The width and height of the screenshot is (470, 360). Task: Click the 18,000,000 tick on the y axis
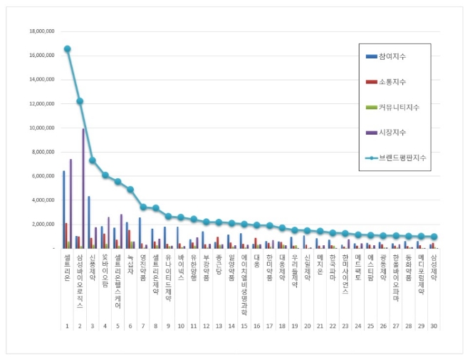pyautogui.click(x=42, y=31)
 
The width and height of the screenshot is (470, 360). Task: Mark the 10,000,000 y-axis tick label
pyautogui.click(x=42, y=128)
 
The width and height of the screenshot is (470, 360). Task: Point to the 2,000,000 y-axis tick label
pyautogui.click(x=43, y=224)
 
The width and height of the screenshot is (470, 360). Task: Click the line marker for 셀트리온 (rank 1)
pyautogui.click(x=67, y=49)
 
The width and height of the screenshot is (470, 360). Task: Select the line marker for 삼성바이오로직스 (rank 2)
pyautogui.click(x=80, y=101)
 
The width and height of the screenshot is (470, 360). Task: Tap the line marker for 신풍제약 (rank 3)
pyautogui.click(x=93, y=160)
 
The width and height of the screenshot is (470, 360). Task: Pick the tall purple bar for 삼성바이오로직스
pyautogui.click(x=83, y=189)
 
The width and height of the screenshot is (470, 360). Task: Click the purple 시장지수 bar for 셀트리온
pyautogui.click(x=70, y=204)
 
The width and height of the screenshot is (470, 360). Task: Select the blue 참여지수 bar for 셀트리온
pyautogui.click(x=63, y=210)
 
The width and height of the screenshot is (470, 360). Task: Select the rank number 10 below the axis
pyautogui.click(x=181, y=326)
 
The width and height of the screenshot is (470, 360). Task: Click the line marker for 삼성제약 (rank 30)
pyautogui.click(x=434, y=237)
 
